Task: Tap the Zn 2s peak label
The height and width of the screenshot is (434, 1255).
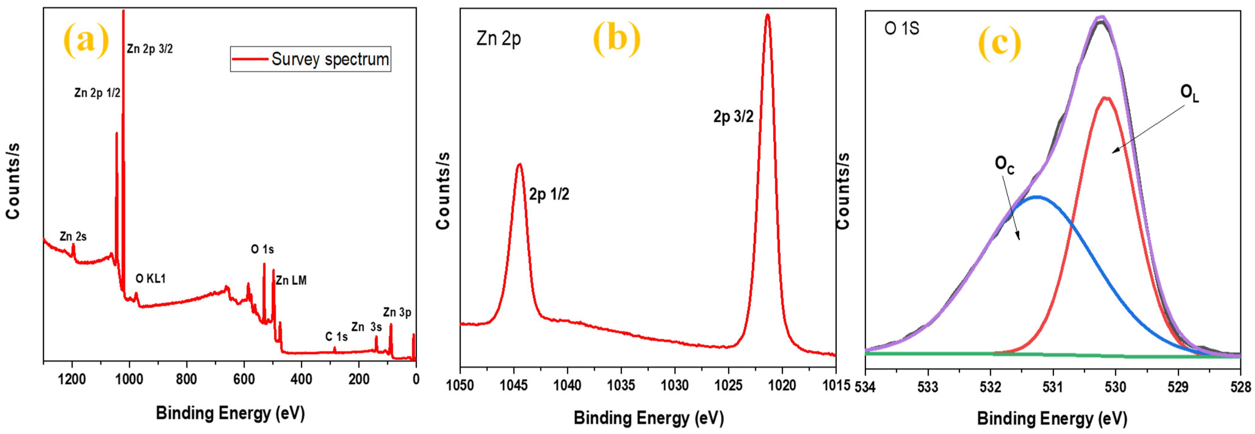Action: (x=73, y=237)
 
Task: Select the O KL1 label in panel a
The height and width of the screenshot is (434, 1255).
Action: (x=150, y=278)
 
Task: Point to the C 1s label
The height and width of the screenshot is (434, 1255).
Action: (x=336, y=336)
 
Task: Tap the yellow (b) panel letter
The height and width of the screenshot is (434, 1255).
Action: (x=616, y=39)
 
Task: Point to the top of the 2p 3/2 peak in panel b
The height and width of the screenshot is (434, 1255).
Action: (x=767, y=15)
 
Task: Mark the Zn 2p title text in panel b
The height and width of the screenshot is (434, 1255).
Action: (x=498, y=38)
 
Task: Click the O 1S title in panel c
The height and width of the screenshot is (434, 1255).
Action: (x=902, y=28)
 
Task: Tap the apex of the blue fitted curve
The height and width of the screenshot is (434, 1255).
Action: (x=1037, y=197)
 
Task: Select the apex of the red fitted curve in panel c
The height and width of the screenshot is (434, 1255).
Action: (x=1106, y=98)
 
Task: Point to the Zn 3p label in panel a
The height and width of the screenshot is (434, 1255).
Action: (x=397, y=312)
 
